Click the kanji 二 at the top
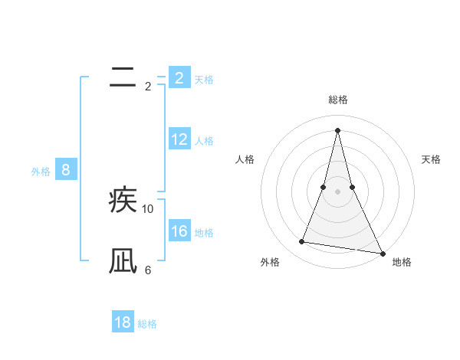coord(123,77)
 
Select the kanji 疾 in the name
coord(123,201)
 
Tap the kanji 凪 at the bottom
coord(123,261)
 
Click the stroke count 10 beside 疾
coord(148,208)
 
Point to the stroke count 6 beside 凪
coord(148,270)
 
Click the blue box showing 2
coord(179,77)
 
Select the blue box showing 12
coord(179,139)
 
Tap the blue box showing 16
coord(179,231)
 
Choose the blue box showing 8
coord(65,170)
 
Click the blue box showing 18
coord(123,322)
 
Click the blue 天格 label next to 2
coord(204,80)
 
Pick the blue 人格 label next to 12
coord(204,141)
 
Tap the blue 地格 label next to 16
coord(204,233)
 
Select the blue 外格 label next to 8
coord(41,172)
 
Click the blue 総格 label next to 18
coord(147,324)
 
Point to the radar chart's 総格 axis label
coord(337,100)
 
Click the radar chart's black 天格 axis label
coord(431,159)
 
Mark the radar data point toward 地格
coord(382,253)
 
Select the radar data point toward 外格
coord(302,242)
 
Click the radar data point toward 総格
coord(337,129)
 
